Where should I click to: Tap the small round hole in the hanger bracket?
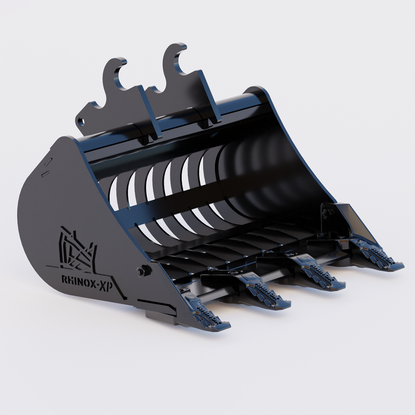click(x=81, y=121)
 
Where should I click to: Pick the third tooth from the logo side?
click(x=321, y=274)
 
